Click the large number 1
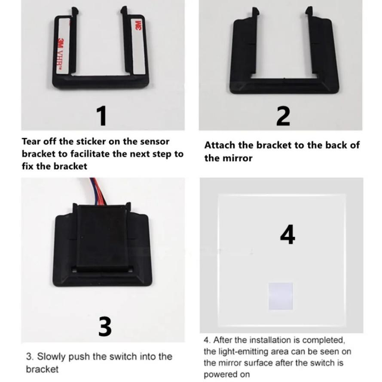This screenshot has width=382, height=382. pyautogui.click(x=102, y=116)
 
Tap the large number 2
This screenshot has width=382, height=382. pyautogui.click(x=283, y=116)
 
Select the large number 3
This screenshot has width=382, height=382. pyautogui.click(x=105, y=327)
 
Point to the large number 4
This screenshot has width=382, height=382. pyautogui.click(x=287, y=235)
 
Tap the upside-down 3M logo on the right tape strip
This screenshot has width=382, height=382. pyautogui.click(x=138, y=25)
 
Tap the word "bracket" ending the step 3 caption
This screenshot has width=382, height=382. pyautogui.click(x=43, y=369)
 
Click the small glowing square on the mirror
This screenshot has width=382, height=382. pyautogui.click(x=281, y=296)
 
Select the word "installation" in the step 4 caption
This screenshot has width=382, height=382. pyautogui.click(x=270, y=340)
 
